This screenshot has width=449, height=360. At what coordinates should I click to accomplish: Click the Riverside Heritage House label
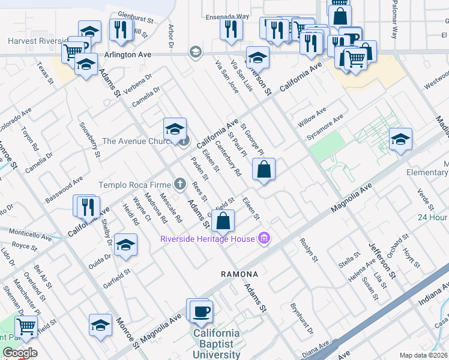coord(207,239)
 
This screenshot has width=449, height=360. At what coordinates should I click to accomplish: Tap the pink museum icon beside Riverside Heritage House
coord(263,239)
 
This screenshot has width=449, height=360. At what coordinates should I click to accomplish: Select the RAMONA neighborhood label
coord(238,274)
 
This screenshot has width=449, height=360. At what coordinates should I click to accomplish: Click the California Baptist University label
coord(215,344)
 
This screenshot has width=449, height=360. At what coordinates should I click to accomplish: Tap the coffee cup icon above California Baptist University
coord(201,311)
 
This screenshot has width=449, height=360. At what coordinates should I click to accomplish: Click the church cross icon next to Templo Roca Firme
coord(179,184)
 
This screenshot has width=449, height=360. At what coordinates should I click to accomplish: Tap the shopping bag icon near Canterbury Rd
coord(264,170)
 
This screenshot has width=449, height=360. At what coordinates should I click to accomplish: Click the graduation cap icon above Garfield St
coord(125,245)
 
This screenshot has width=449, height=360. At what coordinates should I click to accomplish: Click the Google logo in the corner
coord(19,353)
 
